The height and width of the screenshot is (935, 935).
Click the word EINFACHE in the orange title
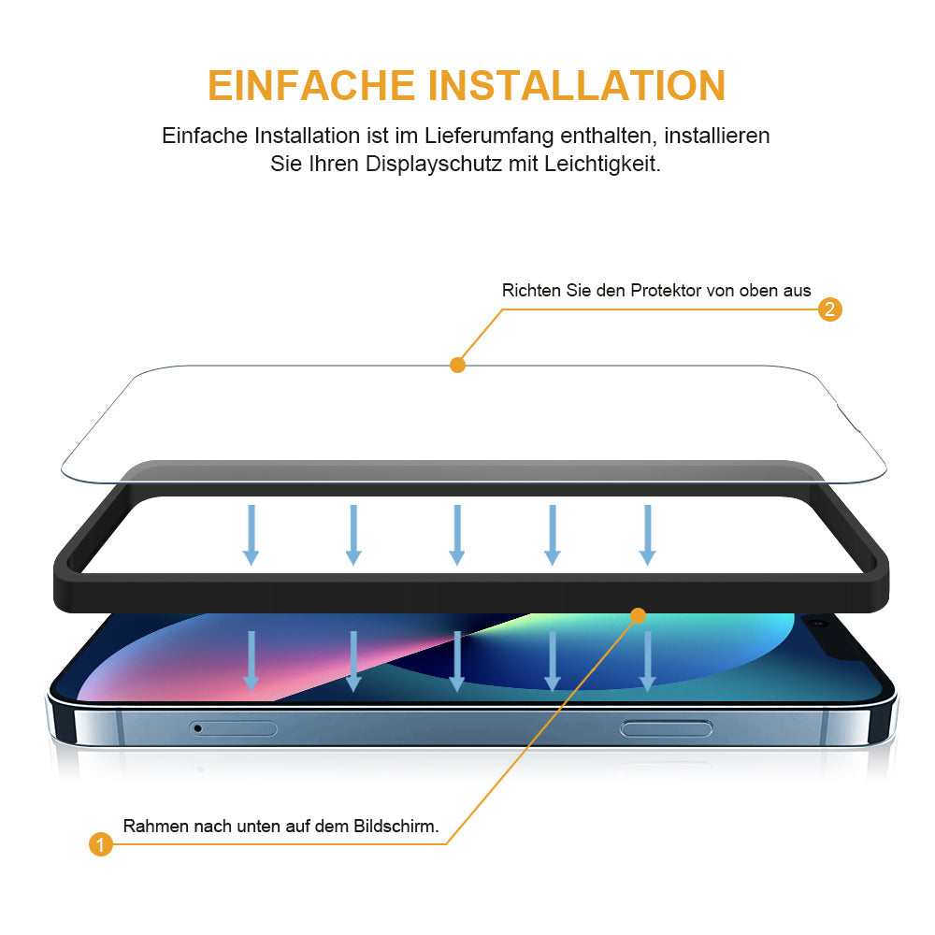(310, 85)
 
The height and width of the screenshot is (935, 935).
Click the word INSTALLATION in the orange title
(577, 85)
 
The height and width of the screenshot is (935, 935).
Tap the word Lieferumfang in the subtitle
(489, 137)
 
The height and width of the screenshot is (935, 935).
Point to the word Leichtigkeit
(602, 164)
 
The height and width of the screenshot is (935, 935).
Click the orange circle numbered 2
(829, 309)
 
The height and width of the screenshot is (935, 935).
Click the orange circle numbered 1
(101, 843)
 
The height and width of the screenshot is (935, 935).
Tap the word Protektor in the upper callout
(666, 291)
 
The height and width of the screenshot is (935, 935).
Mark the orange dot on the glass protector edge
(457, 365)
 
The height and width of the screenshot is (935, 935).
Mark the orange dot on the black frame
(638, 615)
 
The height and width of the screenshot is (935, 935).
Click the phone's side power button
(666, 728)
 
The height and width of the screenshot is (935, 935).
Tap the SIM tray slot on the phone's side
(233, 728)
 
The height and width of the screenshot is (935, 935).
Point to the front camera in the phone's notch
(819, 623)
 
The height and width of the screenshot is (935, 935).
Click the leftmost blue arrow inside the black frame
(251, 535)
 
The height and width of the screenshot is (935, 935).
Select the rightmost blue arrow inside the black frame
(648, 535)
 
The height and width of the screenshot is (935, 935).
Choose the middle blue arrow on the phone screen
(457, 661)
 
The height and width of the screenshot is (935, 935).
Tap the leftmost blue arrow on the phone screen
(251, 661)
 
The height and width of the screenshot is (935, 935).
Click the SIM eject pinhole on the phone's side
(198, 728)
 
